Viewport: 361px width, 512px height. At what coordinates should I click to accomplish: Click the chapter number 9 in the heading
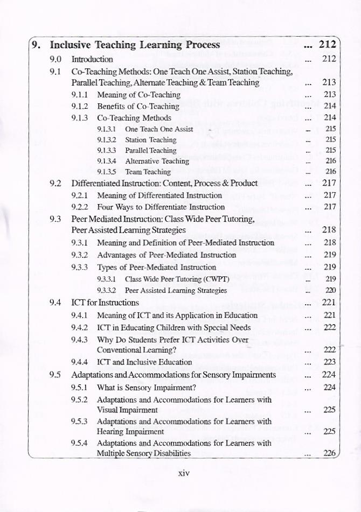click(x=35, y=45)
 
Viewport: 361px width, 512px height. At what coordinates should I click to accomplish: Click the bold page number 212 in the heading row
click(x=328, y=44)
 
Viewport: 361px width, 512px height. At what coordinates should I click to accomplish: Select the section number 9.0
click(x=55, y=59)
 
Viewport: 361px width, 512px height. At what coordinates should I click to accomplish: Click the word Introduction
click(x=92, y=59)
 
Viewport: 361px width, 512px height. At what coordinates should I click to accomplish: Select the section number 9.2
click(x=55, y=183)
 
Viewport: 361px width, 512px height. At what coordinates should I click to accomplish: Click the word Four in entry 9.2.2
click(x=106, y=207)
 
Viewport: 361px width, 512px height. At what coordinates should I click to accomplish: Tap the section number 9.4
click(x=55, y=302)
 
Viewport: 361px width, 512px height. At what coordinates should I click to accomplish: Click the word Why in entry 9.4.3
click(x=106, y=340)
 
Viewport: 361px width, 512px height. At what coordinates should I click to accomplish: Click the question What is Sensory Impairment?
click(x=146, y=387)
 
